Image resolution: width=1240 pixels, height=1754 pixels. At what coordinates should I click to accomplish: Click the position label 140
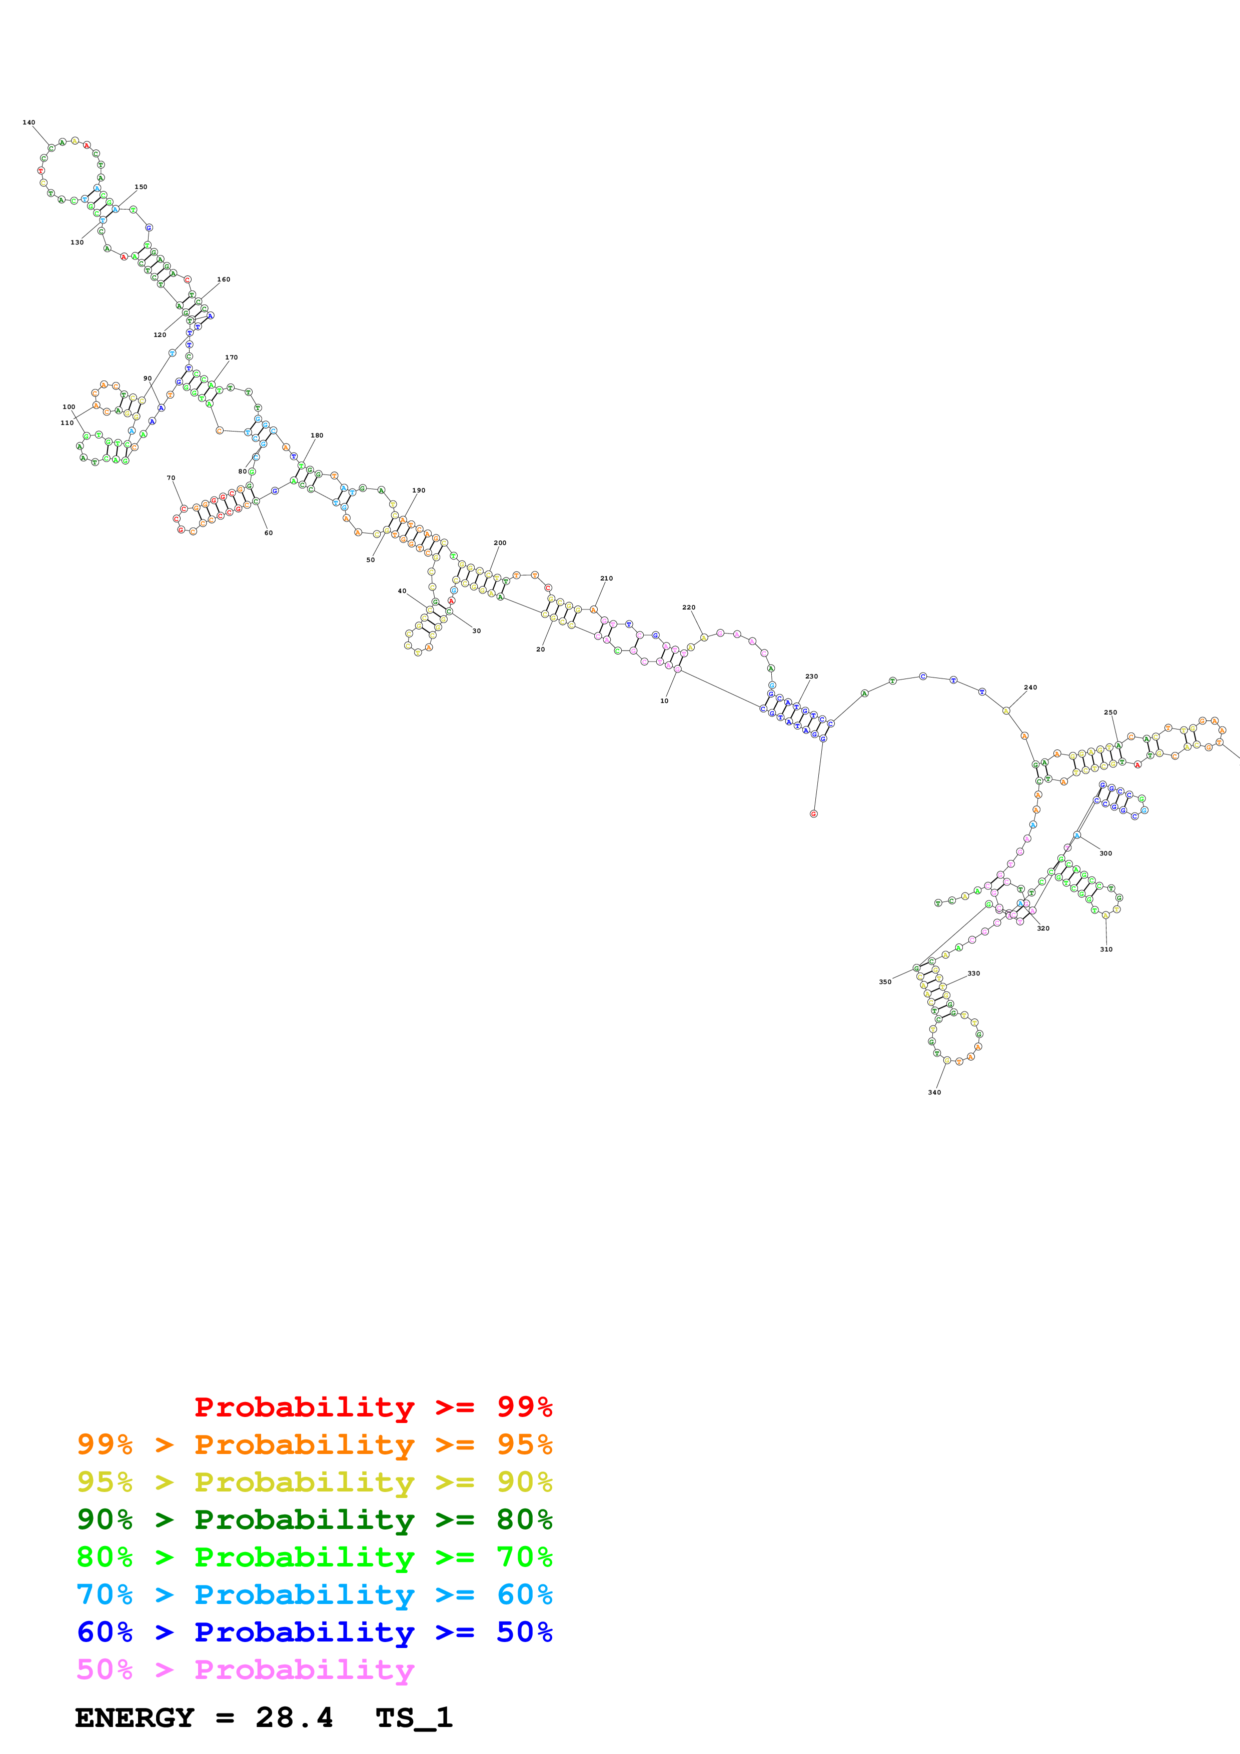coord(29,122)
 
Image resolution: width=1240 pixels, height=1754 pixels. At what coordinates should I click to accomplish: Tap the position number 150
coord(141,186)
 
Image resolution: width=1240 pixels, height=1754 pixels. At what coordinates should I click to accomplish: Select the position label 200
coord(500,542)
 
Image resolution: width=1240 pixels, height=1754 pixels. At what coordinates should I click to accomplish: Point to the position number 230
coord(811,676)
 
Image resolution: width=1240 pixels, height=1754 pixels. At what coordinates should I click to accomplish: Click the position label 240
coord(1030,687)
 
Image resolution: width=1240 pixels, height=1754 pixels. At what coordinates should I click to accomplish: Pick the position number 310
coord(1105,949)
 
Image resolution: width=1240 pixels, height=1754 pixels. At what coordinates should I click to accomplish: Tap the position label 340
coord(934,1091)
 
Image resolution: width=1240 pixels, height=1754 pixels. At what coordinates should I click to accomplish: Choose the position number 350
coord(885,981)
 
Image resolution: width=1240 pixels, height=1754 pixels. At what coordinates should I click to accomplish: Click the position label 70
coord(171,477)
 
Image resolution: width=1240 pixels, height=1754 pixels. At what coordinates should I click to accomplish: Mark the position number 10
coord(664,700)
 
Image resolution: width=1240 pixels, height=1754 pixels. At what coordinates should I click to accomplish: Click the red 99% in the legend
coord(524,1406)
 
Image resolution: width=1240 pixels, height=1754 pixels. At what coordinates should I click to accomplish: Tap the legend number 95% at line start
coord(105,1481)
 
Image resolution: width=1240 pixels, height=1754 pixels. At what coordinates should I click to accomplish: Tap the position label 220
coord(688,607)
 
